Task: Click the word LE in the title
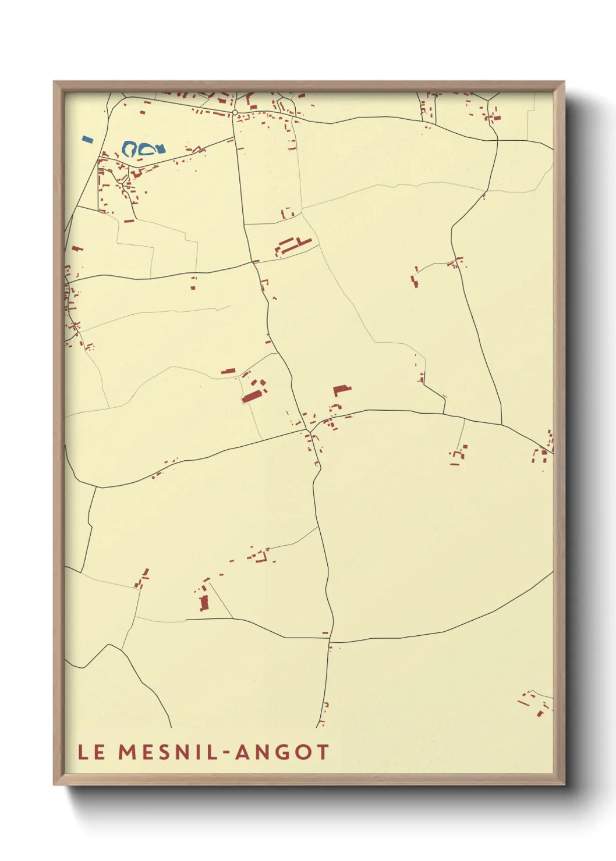pyautogui.click(x=91, y=752)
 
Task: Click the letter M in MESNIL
pyautogui.click(x=128, y=752)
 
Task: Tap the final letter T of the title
pyautogui.click(x=323, y=752)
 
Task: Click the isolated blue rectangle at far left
pyautogui.click(x=88, y=140)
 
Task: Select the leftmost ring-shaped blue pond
pyautogui.click(x=130, y=149)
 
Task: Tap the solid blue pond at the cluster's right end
pyautogui.click(x=160, y=149)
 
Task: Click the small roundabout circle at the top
pyautogui.click(x=235, y=112)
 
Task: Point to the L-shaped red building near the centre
pyautogui.click(x=341, y=390)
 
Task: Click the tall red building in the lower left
pyautogui.click(x=204, y=603)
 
